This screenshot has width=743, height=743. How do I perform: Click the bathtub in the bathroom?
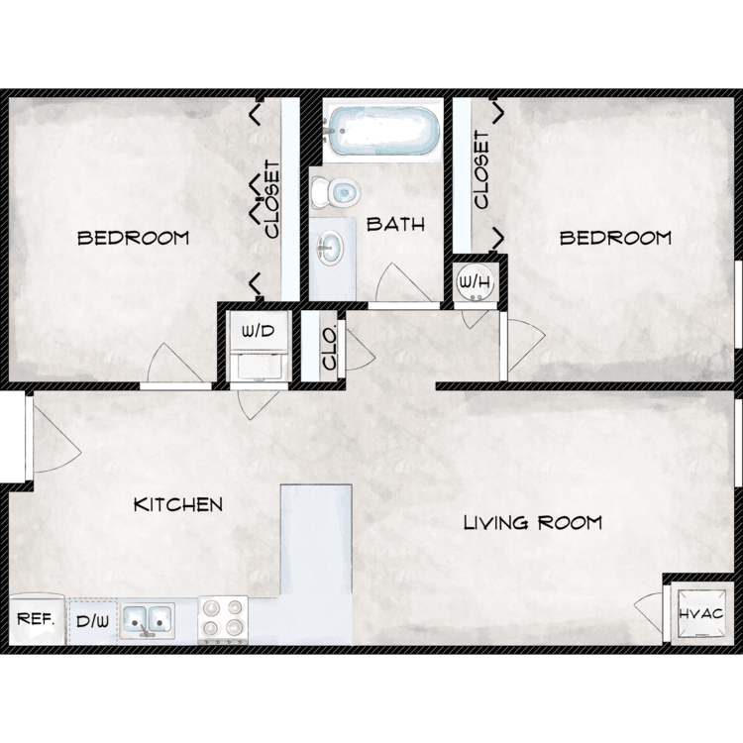[x=381, y=130]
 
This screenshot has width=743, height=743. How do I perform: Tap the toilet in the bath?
[x=336, y=192]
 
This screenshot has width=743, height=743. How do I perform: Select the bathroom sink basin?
[x=330, y=249]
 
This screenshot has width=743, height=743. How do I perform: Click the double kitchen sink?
[x=147, y=621]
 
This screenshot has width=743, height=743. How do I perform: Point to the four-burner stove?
[x=223, y=620]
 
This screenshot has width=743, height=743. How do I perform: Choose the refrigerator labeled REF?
[x=37, y=619]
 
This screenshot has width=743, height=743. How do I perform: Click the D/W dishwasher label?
[x=93, y=621]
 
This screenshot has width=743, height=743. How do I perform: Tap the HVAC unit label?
[x=700, y=613]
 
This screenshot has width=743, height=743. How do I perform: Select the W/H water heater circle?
[x=476, y=283]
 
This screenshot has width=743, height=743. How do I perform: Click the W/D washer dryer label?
[x=259, y=330]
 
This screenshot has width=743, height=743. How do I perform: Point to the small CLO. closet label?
[x=329, y=348]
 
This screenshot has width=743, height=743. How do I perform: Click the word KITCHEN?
[x=178, y=504]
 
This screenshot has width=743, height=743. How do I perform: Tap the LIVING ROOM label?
[x=533, y=523]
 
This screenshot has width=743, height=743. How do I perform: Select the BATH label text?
[x=395, y=224]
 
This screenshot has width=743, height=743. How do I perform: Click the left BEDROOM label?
[x=133, y=238]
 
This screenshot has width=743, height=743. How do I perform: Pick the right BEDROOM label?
[x=615, y=238]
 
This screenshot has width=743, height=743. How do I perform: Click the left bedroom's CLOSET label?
[x=273, y=199]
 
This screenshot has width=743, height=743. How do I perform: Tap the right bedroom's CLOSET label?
[x=480, y=170]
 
